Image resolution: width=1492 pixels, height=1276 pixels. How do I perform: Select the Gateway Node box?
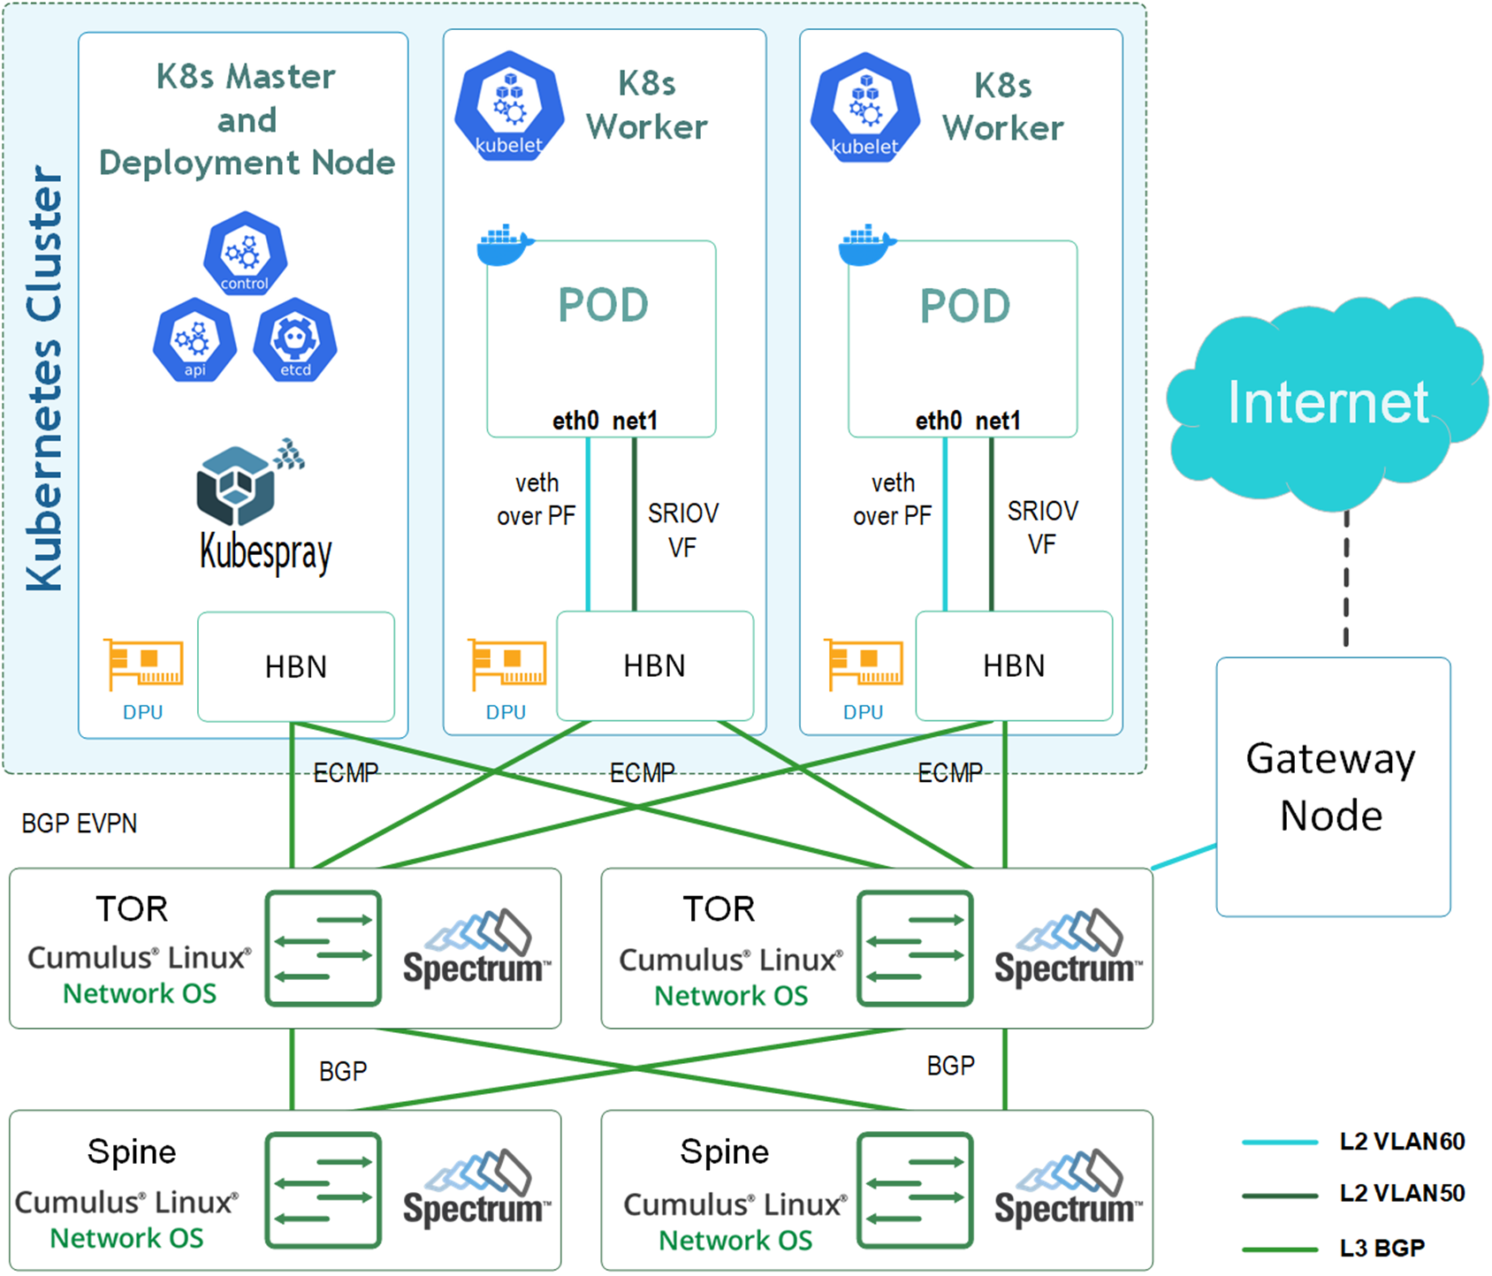pos(1333,786)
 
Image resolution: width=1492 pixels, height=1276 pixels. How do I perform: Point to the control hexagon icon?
pos(245,254)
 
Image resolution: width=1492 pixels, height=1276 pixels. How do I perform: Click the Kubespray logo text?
pos(265,552)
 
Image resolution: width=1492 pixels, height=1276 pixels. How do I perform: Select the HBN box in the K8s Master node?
pos(296,666)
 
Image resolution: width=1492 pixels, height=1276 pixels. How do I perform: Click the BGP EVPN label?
pos(80,824)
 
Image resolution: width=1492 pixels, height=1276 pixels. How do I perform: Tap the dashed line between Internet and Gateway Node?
pos(1346,579)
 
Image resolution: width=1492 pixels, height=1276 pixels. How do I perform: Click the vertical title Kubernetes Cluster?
pos(44,377)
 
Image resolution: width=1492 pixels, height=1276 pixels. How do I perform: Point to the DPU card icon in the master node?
pos(144,664)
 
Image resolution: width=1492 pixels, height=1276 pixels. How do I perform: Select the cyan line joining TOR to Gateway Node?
pos(1184,857)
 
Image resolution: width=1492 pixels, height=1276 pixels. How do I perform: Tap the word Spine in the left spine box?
pos(132,1152)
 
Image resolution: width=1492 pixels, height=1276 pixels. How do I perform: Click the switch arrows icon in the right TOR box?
pos(915,948)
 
